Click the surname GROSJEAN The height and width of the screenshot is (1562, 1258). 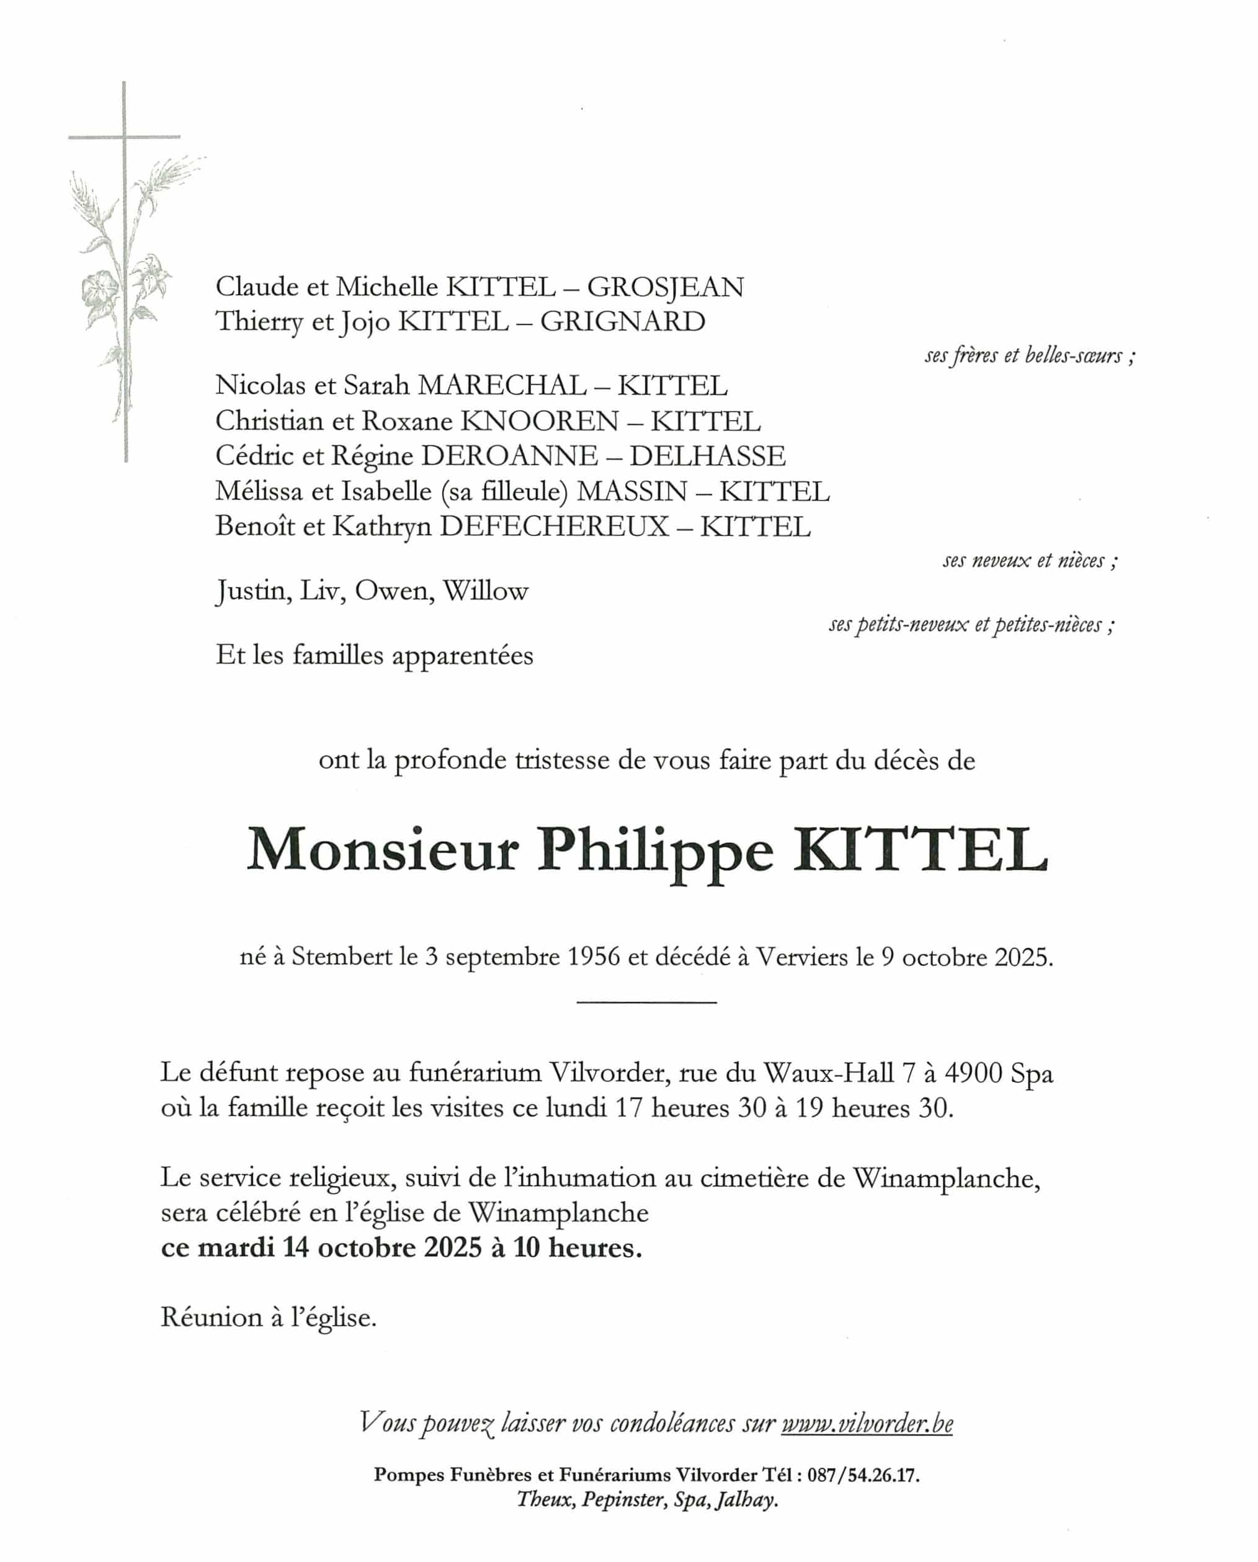(x=664, y=288)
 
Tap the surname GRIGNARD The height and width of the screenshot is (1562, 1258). (x=622, y=322)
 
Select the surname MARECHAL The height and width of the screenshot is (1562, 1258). (x=501, y=385)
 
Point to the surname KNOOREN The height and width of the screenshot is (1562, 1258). (x=540, y=421)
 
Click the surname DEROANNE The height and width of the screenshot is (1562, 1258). (x=509, y=457)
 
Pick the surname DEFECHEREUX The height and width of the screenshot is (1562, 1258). (x=554, y=527)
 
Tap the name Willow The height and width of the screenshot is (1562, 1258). (x=486, y=591)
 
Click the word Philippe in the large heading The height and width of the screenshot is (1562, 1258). (x=655, y=850)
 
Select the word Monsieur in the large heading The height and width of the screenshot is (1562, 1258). (x=383, y=850)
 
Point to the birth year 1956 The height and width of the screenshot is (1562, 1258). (x=594, y=957)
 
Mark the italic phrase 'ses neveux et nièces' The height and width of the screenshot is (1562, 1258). (x=1029, y=561)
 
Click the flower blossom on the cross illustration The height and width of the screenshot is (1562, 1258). (x=98, y=290)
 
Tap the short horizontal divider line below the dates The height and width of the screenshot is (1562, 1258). (x=646, y=1002)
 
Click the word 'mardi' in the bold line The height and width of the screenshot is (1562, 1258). (x=236, y=1247)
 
